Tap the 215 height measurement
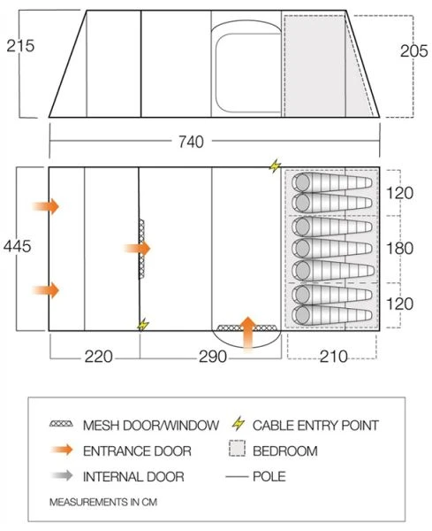(19, 45)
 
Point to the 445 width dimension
(18, 246)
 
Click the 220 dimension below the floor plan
(98, 357)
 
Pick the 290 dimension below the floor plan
(212, 357)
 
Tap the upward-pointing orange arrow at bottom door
(249, 331)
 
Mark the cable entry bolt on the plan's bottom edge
(142, 325)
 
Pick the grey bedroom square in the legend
(236, 450)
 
